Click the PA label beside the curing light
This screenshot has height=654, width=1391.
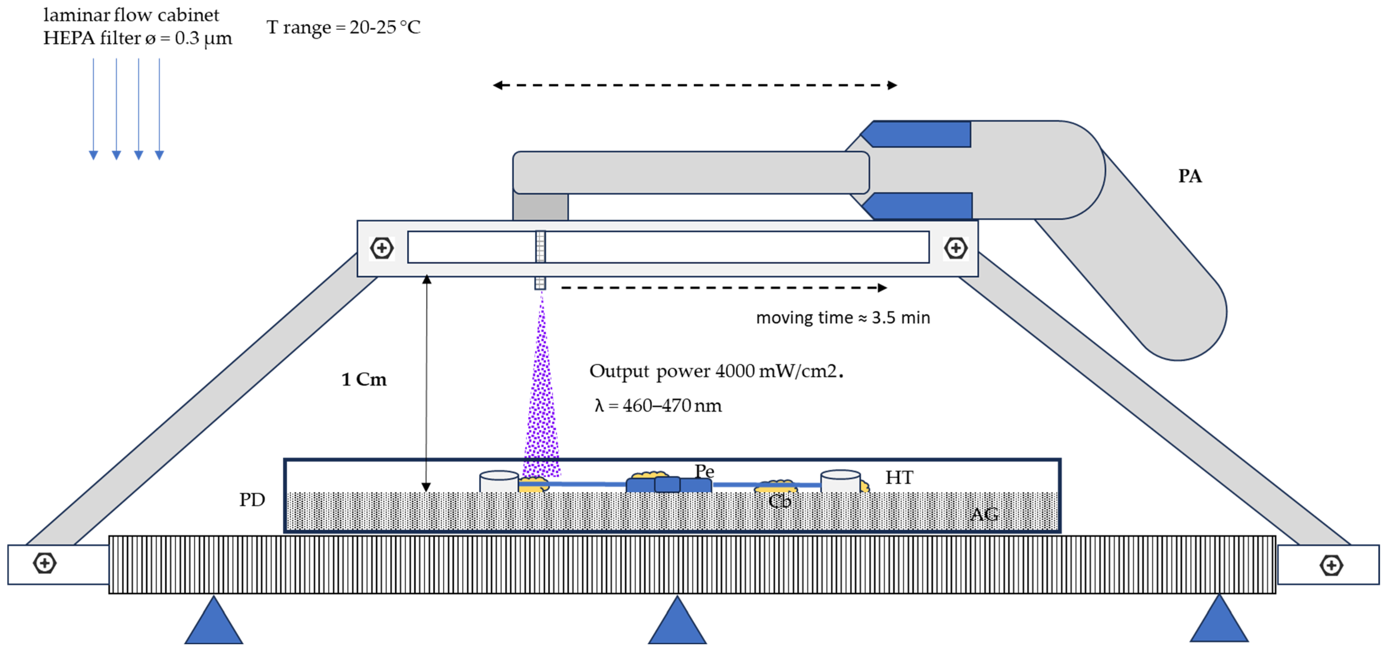1190,176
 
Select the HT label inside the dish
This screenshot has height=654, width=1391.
899,477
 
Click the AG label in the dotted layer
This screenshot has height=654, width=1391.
984,514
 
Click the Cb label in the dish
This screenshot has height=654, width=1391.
779,502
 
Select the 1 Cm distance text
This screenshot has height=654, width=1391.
364,379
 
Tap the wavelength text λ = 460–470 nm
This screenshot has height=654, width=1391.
658,405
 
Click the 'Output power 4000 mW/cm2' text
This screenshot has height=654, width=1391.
716,371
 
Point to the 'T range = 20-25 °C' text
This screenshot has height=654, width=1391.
343,27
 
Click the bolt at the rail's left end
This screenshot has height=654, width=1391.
382,248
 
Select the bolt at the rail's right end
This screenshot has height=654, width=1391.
955,248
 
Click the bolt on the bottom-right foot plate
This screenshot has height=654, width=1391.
1331,565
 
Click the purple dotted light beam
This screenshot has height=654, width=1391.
541,394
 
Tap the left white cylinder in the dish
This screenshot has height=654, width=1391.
499,481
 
